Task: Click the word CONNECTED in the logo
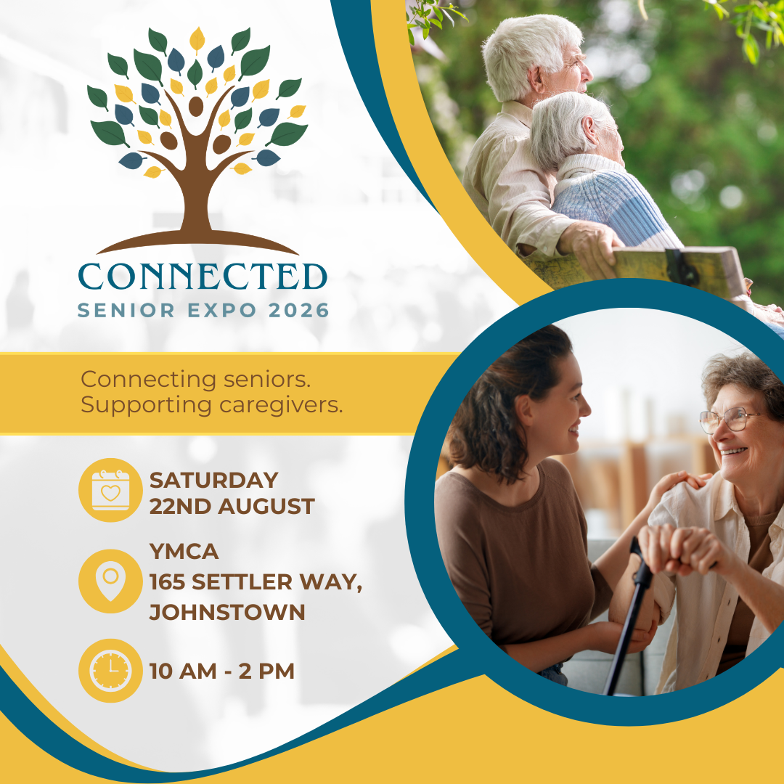coord(203,277)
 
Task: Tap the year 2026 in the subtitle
coord(298,311)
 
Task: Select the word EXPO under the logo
coord(222,311)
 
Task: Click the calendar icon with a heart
coord(110,490)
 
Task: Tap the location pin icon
coord(110,581)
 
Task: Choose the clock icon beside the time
coord(110,671)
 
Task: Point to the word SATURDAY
coord(214,481)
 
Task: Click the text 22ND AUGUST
coord(232,507)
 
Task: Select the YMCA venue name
coord(184,552)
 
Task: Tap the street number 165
coord(168,582)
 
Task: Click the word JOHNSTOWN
coord(227,613)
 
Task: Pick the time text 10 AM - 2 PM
coord(222,671)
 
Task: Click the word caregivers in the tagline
coord(281,406)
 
